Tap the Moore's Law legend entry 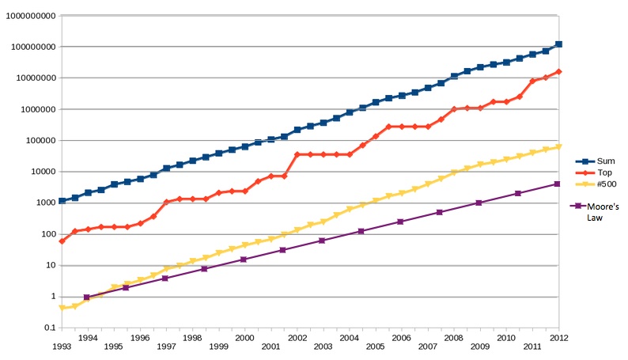[x=602, y=208]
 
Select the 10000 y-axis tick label [x=40, y=172]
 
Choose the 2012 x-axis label [x=559, y=337]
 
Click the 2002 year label [x=297, y=337]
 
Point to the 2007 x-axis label [x=428, y=347]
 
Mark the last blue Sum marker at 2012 [x=559, y=44]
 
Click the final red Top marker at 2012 [x=559, y=72]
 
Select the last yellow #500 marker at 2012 [x=559, y=146]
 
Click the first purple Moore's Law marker [x=87, y=297]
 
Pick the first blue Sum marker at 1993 [x=62, y=201]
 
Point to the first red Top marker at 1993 [x=62, y=241]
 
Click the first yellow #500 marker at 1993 [x=62, y=307]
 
